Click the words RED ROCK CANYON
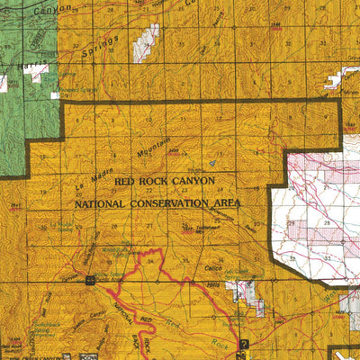(x=165, y=181)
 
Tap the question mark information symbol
(x=244, y=332)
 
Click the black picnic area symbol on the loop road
(x=90, y=281)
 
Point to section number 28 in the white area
(x=328, y=221)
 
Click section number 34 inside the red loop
(x=149, y=262)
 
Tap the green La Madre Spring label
(x=61, y=227)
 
